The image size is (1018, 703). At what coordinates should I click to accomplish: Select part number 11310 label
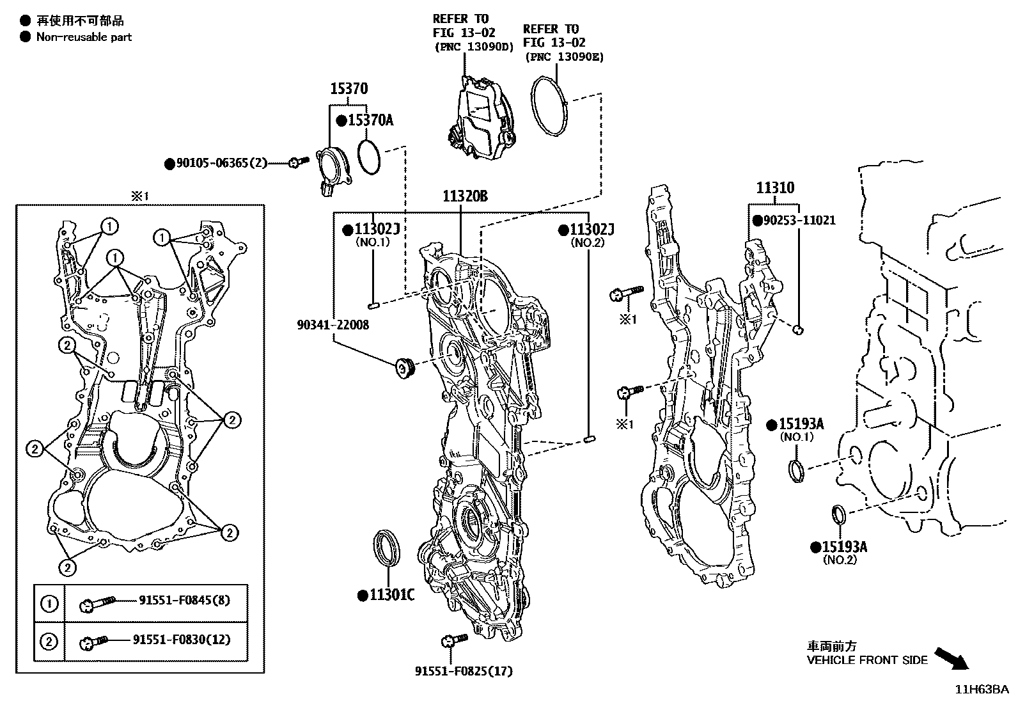point(775,188)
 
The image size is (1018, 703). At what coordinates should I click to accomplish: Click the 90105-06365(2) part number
point(221,164)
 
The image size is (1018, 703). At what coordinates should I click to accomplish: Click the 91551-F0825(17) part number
point(464,671)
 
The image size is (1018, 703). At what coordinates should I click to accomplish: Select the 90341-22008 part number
point(333,325)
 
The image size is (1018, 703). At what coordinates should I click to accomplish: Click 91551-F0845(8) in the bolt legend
point(185,600)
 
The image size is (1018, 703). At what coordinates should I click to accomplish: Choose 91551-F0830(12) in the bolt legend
point(182,640)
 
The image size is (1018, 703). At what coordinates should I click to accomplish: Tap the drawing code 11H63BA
point(982,690)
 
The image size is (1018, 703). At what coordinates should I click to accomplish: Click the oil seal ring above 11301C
point(387,547)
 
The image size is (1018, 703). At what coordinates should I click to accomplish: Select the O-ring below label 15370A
point(369,157)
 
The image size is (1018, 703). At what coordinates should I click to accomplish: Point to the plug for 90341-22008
point(405,368)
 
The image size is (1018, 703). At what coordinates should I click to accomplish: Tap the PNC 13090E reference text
point(564,57)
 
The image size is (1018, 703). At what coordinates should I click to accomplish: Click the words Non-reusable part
point(84,37)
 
